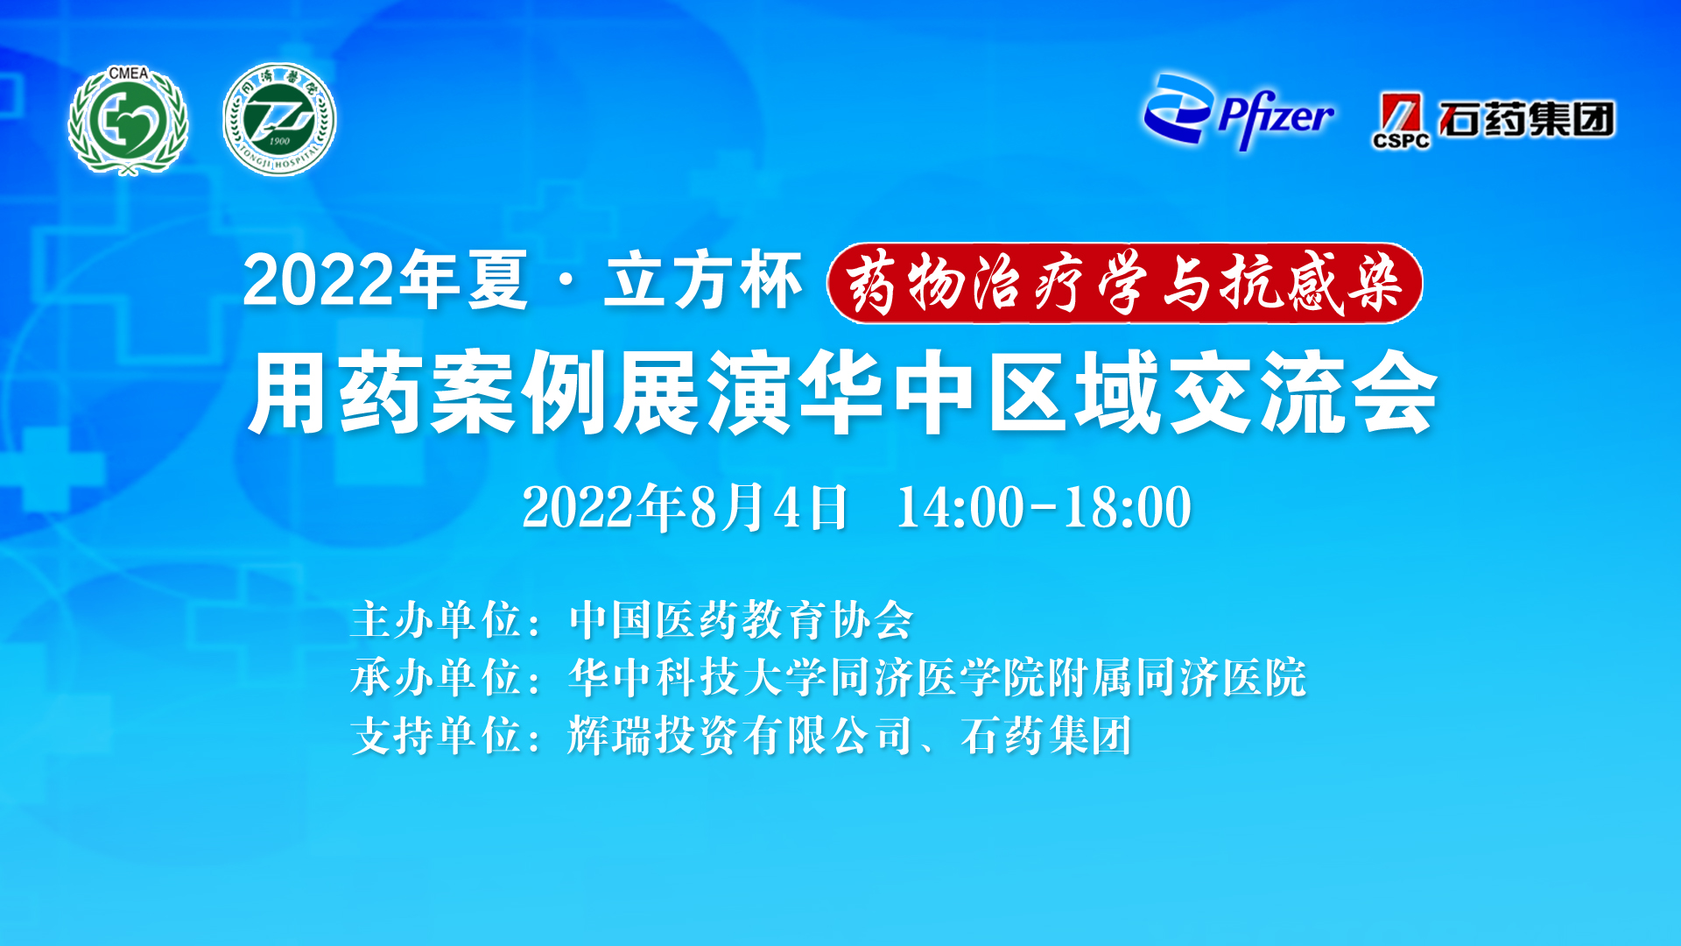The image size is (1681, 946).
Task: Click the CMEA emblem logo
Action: click(128, 121)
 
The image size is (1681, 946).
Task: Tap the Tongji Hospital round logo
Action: click(279, 119)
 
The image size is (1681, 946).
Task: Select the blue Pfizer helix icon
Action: click(1178, 109)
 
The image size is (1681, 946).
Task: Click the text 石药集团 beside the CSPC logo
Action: click(1527, 119)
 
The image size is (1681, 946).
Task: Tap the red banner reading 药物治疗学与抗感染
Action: click(1125, 283)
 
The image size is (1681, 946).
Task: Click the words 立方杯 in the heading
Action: click(703, 281)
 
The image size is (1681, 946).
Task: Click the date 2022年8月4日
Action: click(685, 507)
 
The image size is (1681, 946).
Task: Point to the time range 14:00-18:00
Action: click(1044, 507)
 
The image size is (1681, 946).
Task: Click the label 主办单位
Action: click(436, 620)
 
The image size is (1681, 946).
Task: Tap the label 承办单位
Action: click(436, 678)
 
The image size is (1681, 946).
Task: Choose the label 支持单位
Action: click(436, 736)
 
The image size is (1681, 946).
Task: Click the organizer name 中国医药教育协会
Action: click(741, 620)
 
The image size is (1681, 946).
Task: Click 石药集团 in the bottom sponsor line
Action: click(1046, 736)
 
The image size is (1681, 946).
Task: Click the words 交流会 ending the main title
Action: click(1304, 392)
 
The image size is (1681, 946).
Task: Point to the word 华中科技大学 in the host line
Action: click(698, 678)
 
